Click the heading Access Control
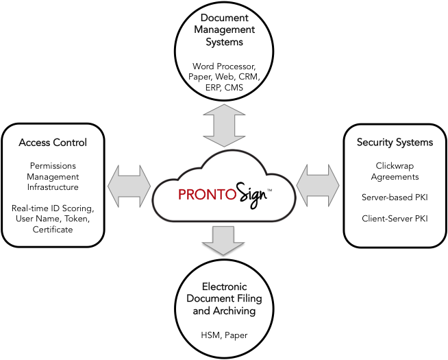(x=53, y=143)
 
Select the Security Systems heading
(x=395, y=142)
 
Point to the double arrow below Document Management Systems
(x=224, y=125)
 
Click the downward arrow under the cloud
(x=223, y=241)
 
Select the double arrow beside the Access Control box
(x=129, y=186)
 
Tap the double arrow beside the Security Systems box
(x=318, y=186)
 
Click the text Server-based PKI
(x=395, y=197)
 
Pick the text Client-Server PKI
(x=395, y=219)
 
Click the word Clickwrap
(x=395, y=166)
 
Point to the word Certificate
(x=53, y=229)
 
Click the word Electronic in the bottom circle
(x=224, y=287)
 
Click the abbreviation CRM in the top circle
(x=249, y=77)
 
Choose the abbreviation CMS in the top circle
(x=234, y=87)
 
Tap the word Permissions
(x=53, y=166)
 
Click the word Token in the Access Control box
(x=77, y=219)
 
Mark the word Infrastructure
(x=53, y=187)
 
